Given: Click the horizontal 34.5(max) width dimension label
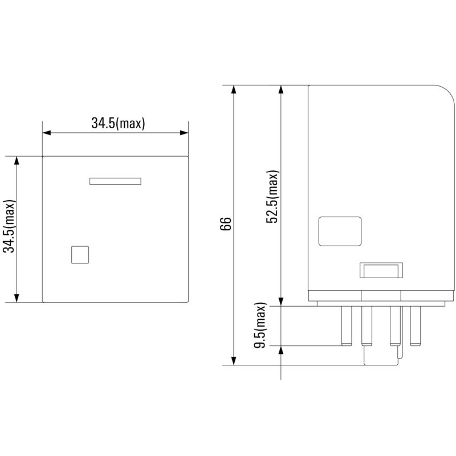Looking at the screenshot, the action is (118, 123).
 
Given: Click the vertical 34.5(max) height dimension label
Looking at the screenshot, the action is (9, 226).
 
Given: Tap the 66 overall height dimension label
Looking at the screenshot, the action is (226, 223).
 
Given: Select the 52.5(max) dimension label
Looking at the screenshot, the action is (272, 197).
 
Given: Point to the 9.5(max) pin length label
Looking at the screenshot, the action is (260, 325).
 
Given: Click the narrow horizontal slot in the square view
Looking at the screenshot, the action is (116, 181).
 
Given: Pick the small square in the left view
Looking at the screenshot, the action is (80, 255).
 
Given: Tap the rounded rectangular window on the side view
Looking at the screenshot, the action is (340, 231).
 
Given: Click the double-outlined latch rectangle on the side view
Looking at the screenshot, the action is (381, 270).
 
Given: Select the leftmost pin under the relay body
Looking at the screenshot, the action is (347, 326).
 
